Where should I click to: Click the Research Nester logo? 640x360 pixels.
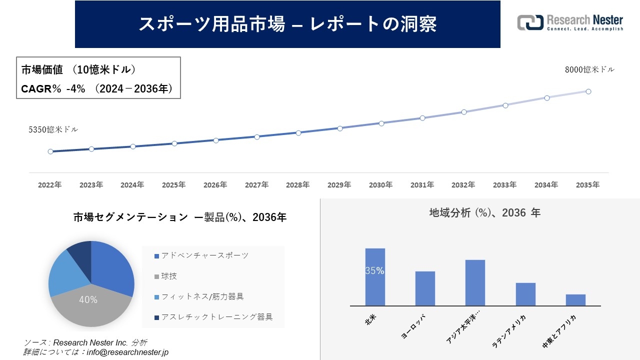point(570,23)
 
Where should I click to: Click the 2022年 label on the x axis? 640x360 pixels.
point(50,185)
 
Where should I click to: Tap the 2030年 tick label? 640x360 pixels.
point(380,185)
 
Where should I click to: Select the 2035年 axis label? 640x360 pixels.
point(587,185)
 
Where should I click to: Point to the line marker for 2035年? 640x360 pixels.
point(588,91)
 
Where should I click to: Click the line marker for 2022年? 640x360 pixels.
point(50,151)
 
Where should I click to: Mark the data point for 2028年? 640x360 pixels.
point(298,133)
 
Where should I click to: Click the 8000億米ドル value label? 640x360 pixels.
point(589,70)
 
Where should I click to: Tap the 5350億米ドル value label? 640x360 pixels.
point(53,129)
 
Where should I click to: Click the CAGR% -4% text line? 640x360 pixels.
point(97,89)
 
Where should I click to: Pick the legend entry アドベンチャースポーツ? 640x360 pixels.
point(204,255)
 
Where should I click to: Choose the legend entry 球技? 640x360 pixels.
point(169,276)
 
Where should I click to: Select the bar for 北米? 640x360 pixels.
point(375,277)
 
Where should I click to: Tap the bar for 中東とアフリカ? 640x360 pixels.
point(575,300)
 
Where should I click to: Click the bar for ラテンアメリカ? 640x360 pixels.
point(525,294)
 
